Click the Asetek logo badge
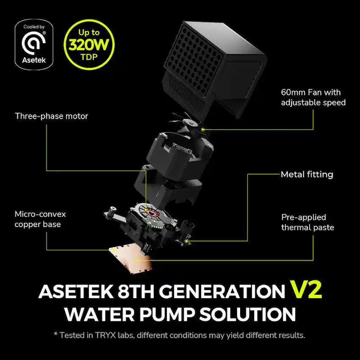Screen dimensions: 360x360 [x=34, y=44]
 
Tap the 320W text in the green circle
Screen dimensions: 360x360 [x=89, y=44]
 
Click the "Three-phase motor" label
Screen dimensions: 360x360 [x=51, y=116]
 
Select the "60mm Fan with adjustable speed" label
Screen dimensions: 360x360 [x=313, y=97]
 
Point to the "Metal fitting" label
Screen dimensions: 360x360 [x=307, y=174]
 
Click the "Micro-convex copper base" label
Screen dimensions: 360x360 [x=40, y=219]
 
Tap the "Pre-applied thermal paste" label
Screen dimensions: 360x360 [x=307, y=222]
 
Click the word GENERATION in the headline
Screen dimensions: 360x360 [x=222, y=291]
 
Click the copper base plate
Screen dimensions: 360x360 [x=130, y=258]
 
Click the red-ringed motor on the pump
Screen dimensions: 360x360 [x=151, y=212]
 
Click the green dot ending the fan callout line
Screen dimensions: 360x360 [x=203, y=130]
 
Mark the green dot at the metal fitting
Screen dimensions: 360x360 [x=187, y=241]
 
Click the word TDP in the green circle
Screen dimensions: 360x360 [x=89, y=57]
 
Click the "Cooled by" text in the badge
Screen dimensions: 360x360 [x=34, y=27]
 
